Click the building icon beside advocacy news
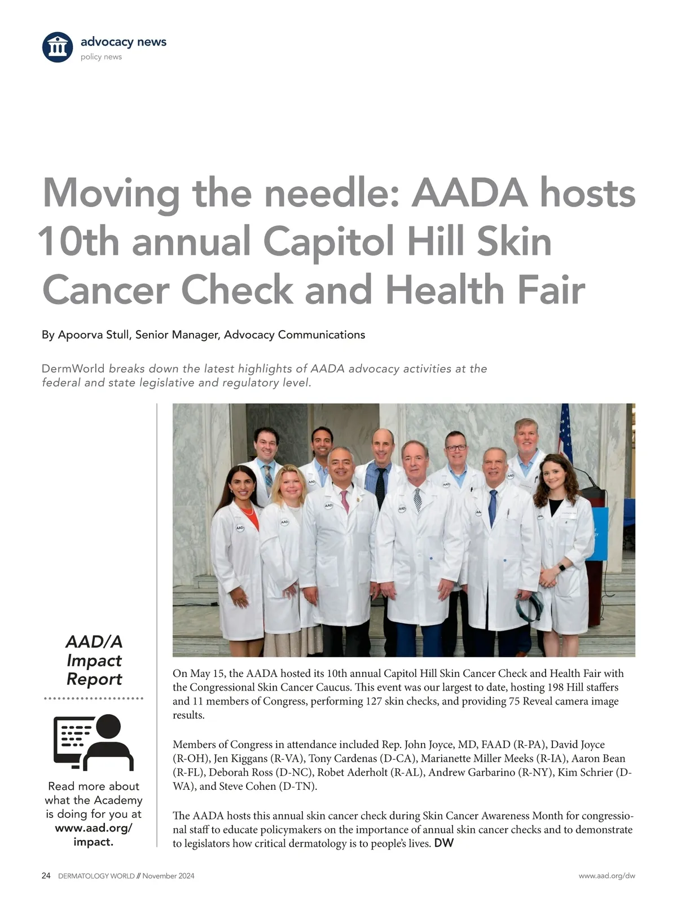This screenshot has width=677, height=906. pos(58,47)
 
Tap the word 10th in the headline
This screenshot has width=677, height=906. pos(79,241)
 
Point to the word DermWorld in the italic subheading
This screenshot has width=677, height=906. pos(73,369)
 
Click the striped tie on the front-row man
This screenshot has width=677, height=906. pos(417,499)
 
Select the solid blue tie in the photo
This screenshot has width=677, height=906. pos(493,507)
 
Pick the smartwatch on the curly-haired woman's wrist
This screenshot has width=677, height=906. pos(562,568)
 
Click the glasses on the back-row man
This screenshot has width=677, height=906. pos(456,447)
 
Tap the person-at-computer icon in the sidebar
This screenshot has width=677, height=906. pos(94,742)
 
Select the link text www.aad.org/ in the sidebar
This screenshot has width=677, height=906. pos(94,828)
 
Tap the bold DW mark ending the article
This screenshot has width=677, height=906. pos(444,843)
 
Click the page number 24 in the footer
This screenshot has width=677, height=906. pos(46,876)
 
